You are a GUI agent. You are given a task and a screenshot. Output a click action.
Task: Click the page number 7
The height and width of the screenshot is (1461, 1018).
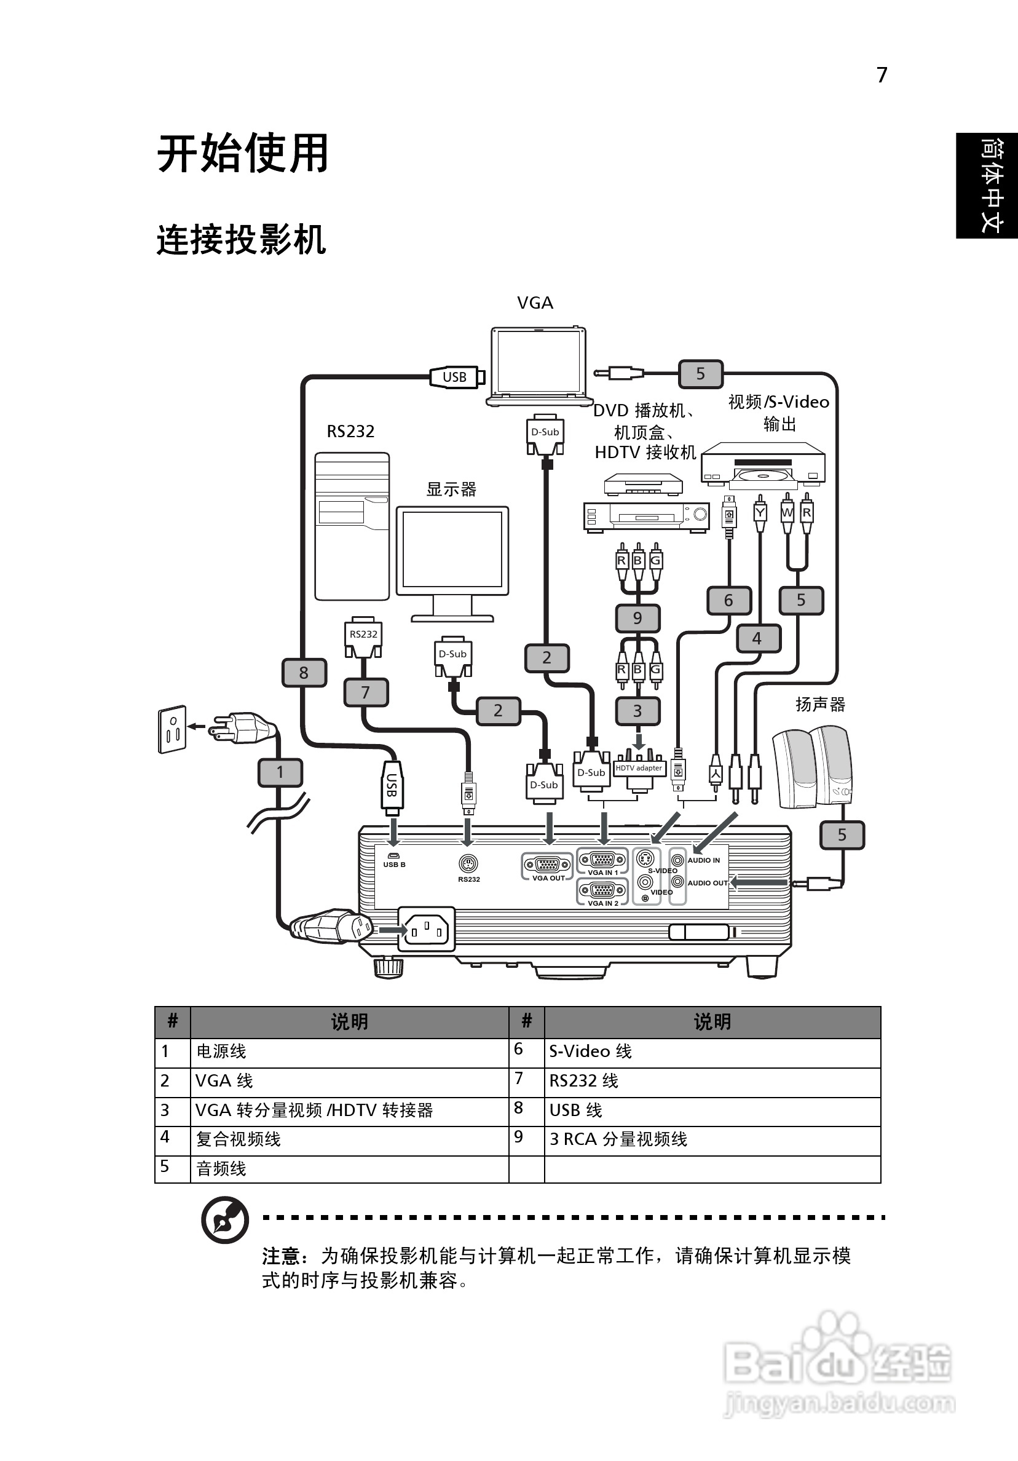(x=882, y=75)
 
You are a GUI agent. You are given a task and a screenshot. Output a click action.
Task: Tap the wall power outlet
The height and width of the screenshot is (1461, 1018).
(x=172, y=729)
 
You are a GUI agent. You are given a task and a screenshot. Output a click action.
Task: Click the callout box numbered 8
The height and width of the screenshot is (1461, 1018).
(x=304, y=673)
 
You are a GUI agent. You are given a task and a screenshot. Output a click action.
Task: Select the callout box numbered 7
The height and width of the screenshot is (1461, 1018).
(x=366, y=692)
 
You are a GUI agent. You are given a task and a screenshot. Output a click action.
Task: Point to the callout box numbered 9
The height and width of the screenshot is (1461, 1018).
(x=637, y=618)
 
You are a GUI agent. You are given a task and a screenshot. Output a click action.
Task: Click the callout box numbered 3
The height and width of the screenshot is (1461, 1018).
(x=637, y=711)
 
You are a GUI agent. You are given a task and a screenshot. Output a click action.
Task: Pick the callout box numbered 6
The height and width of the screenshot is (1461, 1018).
(x=728, y=600)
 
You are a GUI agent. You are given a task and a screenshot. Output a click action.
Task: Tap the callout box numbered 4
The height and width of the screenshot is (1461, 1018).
(x=757, y=638)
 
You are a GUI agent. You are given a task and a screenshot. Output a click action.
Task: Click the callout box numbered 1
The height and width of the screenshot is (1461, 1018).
(x=280, y=772)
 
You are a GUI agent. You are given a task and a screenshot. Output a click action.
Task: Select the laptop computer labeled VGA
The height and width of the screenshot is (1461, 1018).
(x=539, y=365)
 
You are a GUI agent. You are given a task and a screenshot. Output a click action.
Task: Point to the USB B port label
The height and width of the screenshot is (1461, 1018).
(x=394, y=865)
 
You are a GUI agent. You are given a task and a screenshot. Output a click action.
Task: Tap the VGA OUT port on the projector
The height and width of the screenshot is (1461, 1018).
(x=547, y=865)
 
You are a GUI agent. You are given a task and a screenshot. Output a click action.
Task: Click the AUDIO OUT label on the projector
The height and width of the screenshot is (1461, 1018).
(x=707, y=883)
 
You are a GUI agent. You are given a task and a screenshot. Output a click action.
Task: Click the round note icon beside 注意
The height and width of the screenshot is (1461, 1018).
(x=224, y=1219)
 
